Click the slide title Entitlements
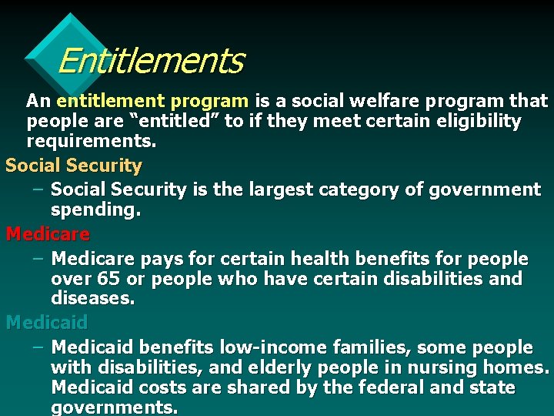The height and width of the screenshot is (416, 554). coord(150,61)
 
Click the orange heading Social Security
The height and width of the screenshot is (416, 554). coord(74,166)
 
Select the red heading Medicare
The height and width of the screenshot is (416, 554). coord(48,233)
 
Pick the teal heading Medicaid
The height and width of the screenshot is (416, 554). coord(47,322)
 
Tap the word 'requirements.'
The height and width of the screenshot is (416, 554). coord(92,142)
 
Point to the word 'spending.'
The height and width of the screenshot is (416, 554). coord(96,210)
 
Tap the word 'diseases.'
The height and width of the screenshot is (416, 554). coord(93,298)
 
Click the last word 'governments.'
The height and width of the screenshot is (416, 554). coord(114,408)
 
